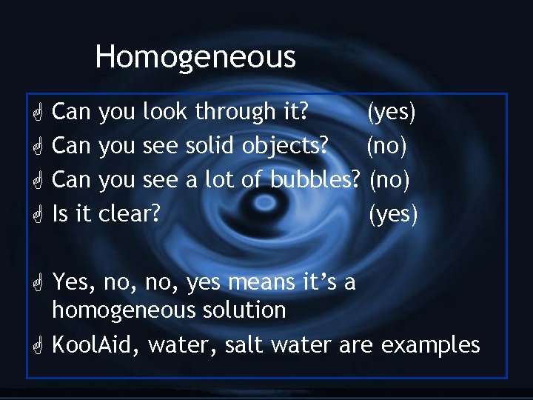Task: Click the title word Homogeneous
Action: (x=195, y=57)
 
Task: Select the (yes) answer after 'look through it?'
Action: (x=392, y=113)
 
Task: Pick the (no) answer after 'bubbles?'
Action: (x=389, y=179)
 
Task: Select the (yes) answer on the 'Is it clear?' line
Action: (x=394, y=214)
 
